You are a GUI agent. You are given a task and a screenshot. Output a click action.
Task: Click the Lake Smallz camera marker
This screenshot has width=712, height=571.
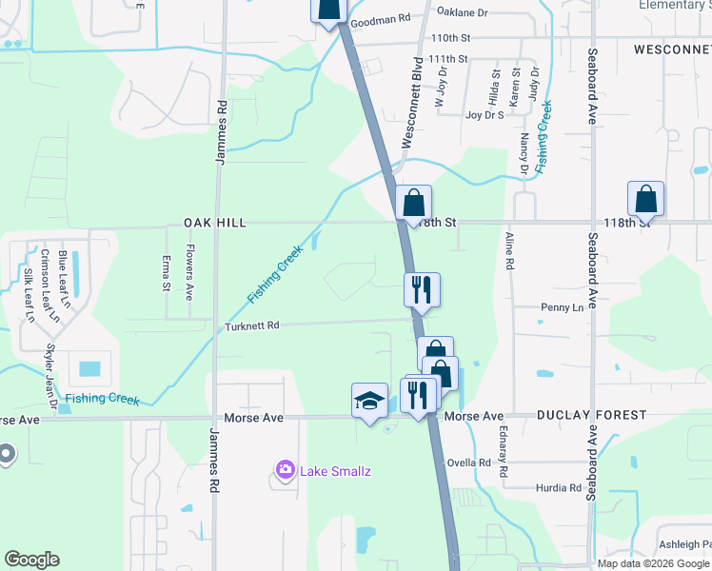[284, 469]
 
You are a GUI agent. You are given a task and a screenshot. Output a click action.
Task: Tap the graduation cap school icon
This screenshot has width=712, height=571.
[369, 401]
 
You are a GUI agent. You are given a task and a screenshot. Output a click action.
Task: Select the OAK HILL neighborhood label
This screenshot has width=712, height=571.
[215, 223]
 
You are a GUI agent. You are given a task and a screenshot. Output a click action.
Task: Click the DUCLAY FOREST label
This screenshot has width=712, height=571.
[591, 416]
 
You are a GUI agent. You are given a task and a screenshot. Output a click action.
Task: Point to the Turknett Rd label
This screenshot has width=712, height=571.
[252, 325]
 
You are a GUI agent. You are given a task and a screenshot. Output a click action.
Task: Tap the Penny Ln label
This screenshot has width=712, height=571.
[562, 307]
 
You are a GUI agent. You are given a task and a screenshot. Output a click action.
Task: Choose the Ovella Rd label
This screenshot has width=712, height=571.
[471, 463]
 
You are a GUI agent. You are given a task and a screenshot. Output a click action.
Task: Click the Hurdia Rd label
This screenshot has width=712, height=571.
[559, 488]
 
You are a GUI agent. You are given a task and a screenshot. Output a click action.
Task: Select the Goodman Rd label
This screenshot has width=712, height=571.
[380, 19]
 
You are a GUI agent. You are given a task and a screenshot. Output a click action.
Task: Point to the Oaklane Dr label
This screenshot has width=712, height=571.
[462, 12]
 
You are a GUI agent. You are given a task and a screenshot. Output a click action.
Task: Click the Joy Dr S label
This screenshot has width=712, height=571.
[485, 114]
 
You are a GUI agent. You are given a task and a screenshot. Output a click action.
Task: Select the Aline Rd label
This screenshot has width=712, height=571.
[509, 254]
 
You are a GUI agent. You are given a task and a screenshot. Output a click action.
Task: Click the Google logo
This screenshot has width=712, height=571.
[32, 560]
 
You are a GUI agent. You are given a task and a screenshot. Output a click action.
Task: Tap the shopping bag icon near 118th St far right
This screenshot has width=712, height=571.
[645, 200]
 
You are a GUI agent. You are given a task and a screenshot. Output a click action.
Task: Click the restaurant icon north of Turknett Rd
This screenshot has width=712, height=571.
[422, 288]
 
